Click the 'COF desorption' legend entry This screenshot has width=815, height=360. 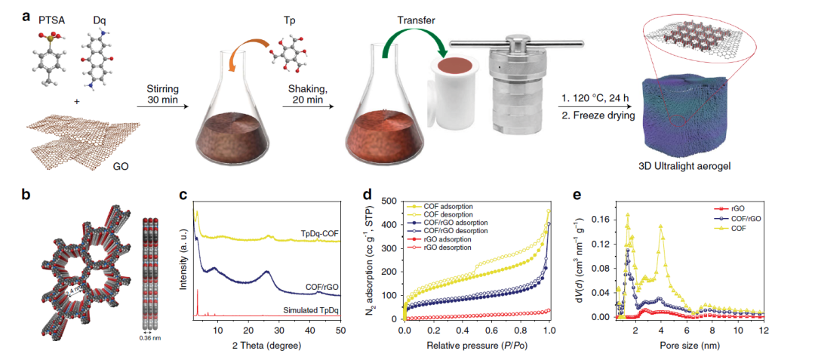pos(439,214)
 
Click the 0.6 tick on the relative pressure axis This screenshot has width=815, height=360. pos(491,330)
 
